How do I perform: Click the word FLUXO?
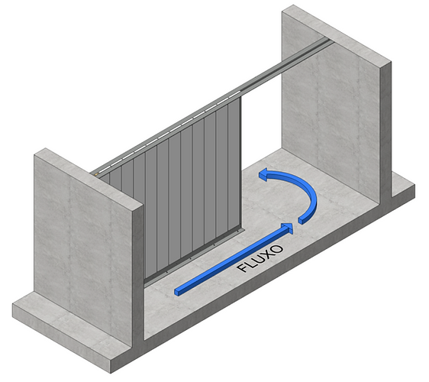[260, 258]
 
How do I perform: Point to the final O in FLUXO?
[278, 248]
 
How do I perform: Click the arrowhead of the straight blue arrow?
[288, 228]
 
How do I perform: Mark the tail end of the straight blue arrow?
[178, 292]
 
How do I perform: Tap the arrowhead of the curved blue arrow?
[265, 174]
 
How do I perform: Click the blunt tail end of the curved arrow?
[302, 220]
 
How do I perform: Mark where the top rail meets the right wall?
[328, 41]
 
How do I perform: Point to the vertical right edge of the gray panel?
[240, 164]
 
